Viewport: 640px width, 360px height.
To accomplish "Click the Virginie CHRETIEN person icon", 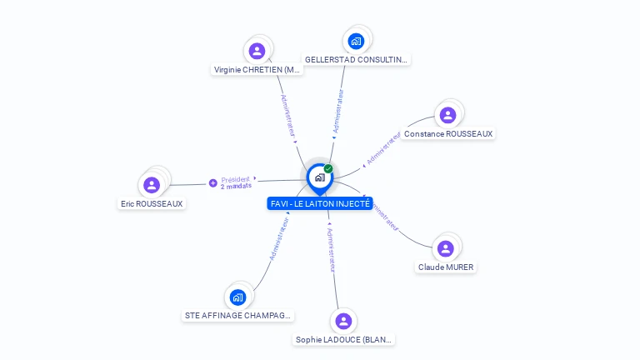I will click(257, 51).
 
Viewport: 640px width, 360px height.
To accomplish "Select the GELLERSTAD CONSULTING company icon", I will click(356, 41).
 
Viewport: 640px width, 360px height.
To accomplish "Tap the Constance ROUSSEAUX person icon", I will click(447, 115).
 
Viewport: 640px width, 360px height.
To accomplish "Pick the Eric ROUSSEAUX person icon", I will click(152, 184).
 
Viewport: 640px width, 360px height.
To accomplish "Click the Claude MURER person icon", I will click(446, 248).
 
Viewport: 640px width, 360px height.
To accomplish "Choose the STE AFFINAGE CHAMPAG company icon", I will click(237, 297).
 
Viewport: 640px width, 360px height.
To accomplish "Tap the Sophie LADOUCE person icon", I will click(343, 321).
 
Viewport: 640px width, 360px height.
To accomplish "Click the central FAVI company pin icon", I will click(319, 177).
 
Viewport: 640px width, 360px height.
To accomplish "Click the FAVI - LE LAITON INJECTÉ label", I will click(320, 203).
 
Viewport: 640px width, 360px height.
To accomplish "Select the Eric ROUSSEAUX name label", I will click(152, 203).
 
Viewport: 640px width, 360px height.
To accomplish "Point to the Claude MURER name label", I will click(446, 267).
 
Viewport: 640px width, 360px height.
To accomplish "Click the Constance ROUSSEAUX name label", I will click(448, 133).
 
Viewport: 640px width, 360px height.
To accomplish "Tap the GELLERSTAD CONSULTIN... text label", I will click(356, 60).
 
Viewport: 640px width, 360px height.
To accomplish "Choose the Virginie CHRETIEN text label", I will click(257, 70).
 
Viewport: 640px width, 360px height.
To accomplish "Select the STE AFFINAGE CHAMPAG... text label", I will click(237, 316).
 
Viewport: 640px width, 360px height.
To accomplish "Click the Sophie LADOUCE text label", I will click(343, 340).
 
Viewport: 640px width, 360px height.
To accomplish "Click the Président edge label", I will click(235, 179).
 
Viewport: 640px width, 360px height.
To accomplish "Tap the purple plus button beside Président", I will click(213, 182).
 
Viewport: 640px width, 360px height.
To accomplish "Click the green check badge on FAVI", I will click(328, 168).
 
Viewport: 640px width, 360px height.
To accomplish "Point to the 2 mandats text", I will click(236, 187).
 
